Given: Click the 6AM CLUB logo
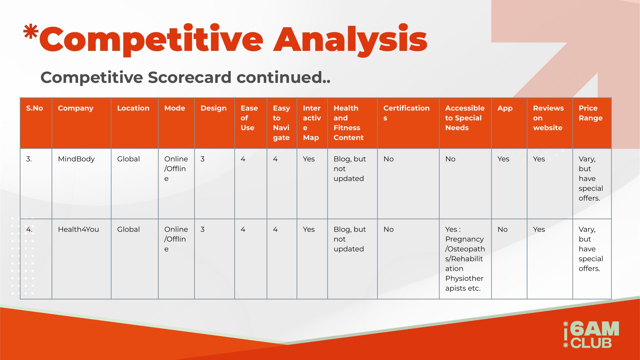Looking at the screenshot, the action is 591,334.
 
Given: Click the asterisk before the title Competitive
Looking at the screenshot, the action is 31,32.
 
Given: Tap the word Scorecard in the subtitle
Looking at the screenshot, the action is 189,77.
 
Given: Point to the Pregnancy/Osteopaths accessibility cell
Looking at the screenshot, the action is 465,259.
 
